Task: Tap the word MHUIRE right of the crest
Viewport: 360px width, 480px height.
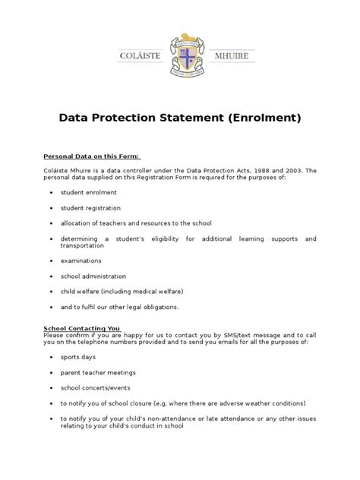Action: pos(230,55)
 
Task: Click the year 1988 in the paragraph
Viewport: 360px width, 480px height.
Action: pos(258,171)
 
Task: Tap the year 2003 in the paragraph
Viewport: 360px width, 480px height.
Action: pos(291,171)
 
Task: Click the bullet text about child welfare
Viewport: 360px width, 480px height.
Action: pos(122,291)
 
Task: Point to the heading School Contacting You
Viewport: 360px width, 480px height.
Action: pos(81,328)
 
